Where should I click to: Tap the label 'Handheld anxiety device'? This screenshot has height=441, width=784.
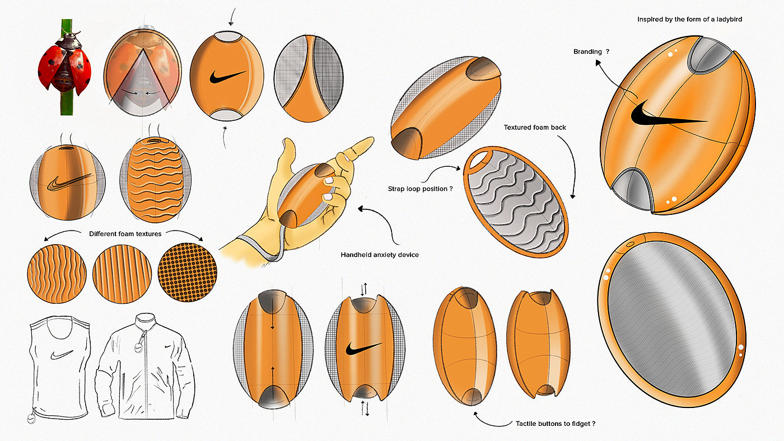pyautogui.click(x=380, y=255)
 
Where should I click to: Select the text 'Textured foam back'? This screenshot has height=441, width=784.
pyautogui.click(x=535, y=128)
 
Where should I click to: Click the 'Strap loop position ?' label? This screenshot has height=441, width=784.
pyautogui.click(x=420, y=189)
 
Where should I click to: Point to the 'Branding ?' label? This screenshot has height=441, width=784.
pyautogui.click(x=591, y=51)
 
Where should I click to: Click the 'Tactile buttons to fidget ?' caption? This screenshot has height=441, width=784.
pyautogui.click(x=555, y=424)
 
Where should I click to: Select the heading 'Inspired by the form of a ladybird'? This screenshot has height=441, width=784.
pyautogui.click(x=697, y=20)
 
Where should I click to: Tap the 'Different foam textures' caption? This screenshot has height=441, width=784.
pyautogui.click(x=125, y=233)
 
